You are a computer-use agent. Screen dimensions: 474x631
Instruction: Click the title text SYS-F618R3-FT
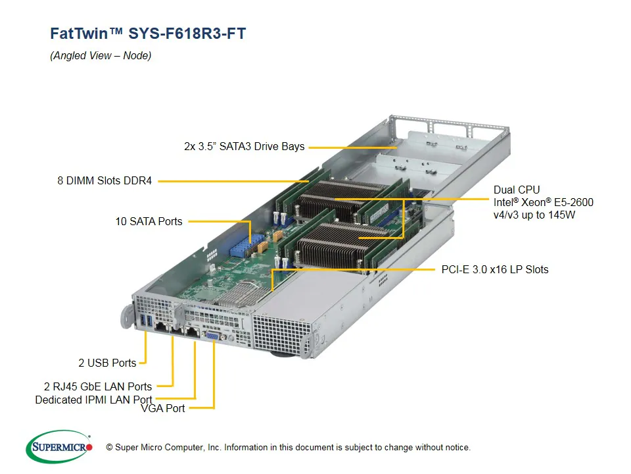[x=187, y=34]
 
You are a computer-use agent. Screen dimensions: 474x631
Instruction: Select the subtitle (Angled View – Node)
[x=101, y=56]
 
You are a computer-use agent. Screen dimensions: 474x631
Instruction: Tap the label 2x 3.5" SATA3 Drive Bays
[x=244, y=146]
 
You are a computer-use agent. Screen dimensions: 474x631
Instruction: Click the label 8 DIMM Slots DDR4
[x=105, y=180]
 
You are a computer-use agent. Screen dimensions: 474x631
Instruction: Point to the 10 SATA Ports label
[x=149, y=221]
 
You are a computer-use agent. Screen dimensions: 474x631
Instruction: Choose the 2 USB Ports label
[x=107, y=363]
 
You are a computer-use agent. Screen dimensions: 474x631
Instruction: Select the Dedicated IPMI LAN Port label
[x=93, y=400]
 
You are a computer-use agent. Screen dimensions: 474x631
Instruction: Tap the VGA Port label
[x=163, y=408]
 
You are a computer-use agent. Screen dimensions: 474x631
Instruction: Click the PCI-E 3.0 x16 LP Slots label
[x=494, y=269]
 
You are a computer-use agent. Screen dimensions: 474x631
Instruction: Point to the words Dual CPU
[x=517, y=190]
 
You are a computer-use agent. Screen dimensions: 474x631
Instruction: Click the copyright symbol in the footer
[x=110, y=448]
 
